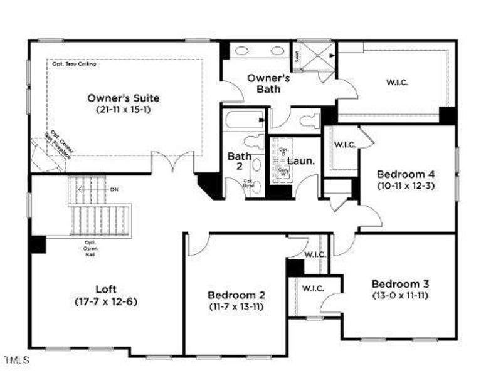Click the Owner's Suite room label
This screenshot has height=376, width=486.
123,98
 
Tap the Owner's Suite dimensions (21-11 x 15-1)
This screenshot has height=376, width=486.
123,110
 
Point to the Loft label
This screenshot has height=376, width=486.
106,289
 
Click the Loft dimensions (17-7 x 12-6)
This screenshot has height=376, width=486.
106,301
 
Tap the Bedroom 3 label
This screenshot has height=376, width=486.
399,283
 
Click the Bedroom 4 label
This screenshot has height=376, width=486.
405,174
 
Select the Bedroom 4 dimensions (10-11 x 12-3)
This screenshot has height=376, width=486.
405,185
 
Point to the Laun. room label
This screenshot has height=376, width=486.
301,160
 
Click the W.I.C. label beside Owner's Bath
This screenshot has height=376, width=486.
396,82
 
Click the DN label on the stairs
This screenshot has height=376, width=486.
114,189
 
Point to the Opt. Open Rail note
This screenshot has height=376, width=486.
90,248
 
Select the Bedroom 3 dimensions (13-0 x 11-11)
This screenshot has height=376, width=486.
399,295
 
